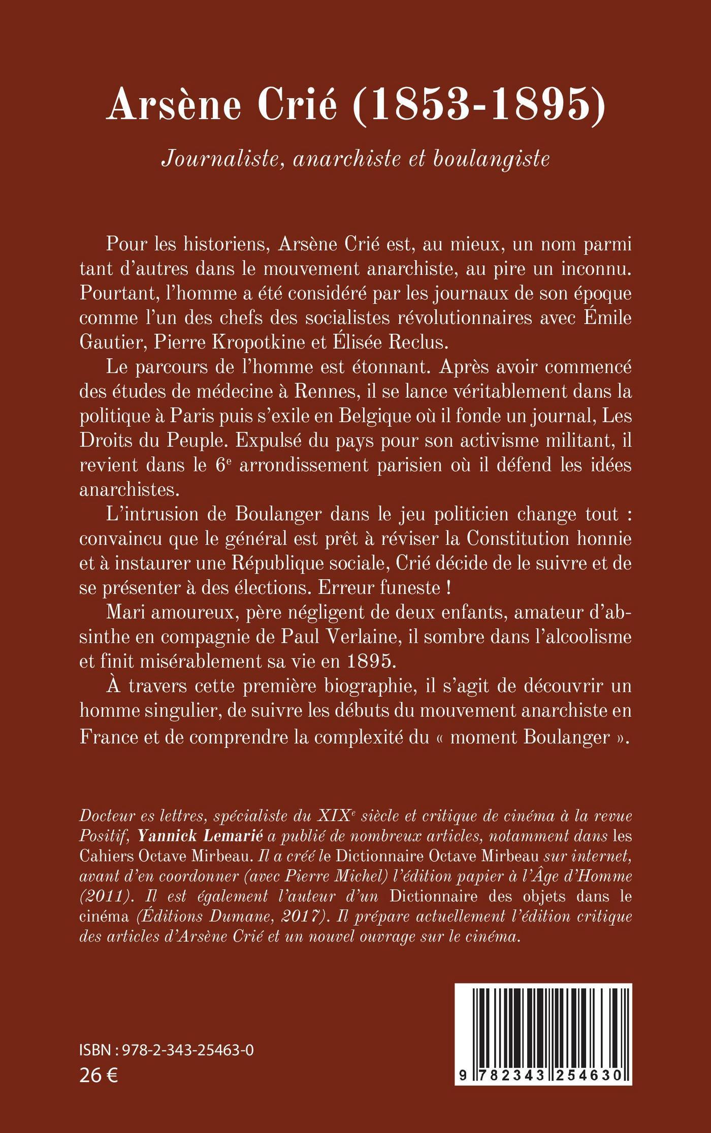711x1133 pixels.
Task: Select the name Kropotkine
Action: (256, 343)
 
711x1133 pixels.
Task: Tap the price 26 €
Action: (99, 1075)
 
